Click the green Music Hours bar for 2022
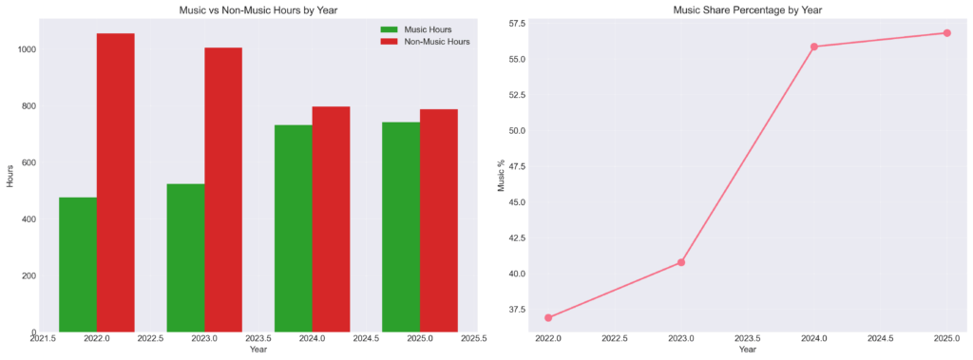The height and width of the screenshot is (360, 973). (78, 264)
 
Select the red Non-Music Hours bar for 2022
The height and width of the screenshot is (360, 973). (115, 182)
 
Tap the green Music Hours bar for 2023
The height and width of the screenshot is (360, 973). (185, 258)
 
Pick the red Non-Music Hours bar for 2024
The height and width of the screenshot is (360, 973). (331, 219)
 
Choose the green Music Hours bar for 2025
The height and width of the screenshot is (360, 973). (401, 227)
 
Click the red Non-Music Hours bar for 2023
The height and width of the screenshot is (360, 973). (223, 190)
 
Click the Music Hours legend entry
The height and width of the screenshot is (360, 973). (416, 29)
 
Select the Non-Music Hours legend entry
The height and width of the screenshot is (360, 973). (425, 42)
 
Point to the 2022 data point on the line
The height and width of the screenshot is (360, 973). (548, 318)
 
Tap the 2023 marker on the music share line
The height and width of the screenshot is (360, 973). (680, 262)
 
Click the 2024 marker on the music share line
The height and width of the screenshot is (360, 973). (814, 47)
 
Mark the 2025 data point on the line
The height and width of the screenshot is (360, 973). (947, 33)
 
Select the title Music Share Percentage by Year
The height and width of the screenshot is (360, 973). (747, 9)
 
